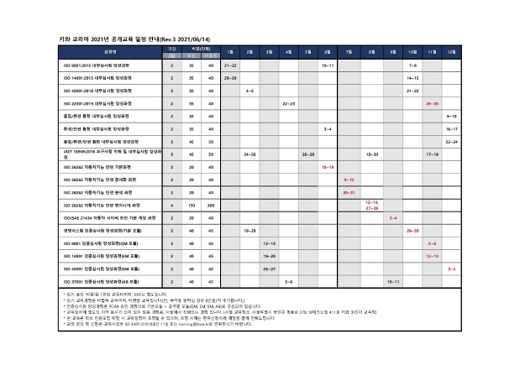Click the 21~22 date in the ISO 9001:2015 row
click(229, 64)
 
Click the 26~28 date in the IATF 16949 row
click(307, 154)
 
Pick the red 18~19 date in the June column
click(328, 167)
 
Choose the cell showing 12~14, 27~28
click(371, 205)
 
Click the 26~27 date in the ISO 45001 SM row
click(269, 269)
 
